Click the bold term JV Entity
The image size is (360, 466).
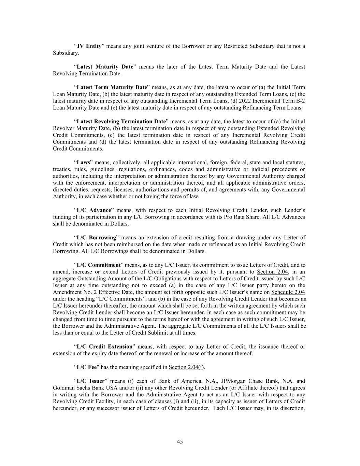pos(89,46)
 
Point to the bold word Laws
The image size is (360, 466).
pos(83,162)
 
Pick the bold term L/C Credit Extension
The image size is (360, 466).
pos(104,347)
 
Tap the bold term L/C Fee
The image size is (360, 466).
pos(84,367)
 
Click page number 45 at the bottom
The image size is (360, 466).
pos(180,441)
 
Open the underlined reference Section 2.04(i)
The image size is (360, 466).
pos(186,367)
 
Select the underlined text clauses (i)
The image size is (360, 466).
pos(167,401)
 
